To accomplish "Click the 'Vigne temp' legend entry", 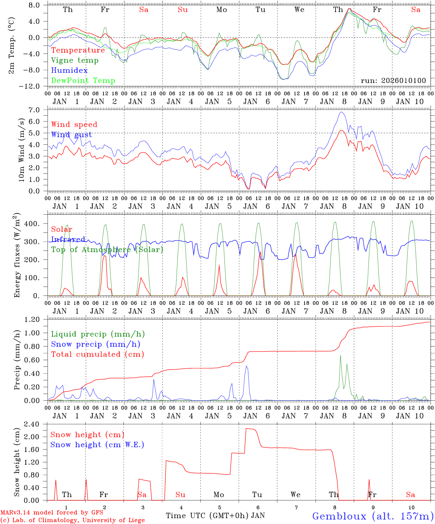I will tap(75, 60).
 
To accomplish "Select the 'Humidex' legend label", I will tap(69, 71).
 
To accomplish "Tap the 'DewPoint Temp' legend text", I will tap(83, 81).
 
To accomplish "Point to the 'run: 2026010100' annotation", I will tap(393, 81).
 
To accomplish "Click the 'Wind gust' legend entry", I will tap(71, 135).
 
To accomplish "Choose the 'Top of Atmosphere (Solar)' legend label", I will tap(107, 250).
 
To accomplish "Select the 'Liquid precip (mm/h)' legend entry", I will tap(98, 334).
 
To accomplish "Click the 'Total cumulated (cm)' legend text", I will tap(98, 354).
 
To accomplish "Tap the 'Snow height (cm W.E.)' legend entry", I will tap(97, 445).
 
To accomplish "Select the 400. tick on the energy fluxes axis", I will tap(32, 224).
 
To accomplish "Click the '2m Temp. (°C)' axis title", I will tap(12, 45).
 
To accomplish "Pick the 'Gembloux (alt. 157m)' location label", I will tap(373, 516).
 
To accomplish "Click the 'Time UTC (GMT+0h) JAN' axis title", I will tap(215, 516).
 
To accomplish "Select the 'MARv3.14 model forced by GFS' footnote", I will tap(52, 513).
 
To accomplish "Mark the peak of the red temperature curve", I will tap(349, 8).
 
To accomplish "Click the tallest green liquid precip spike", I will tap(340, 356).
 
